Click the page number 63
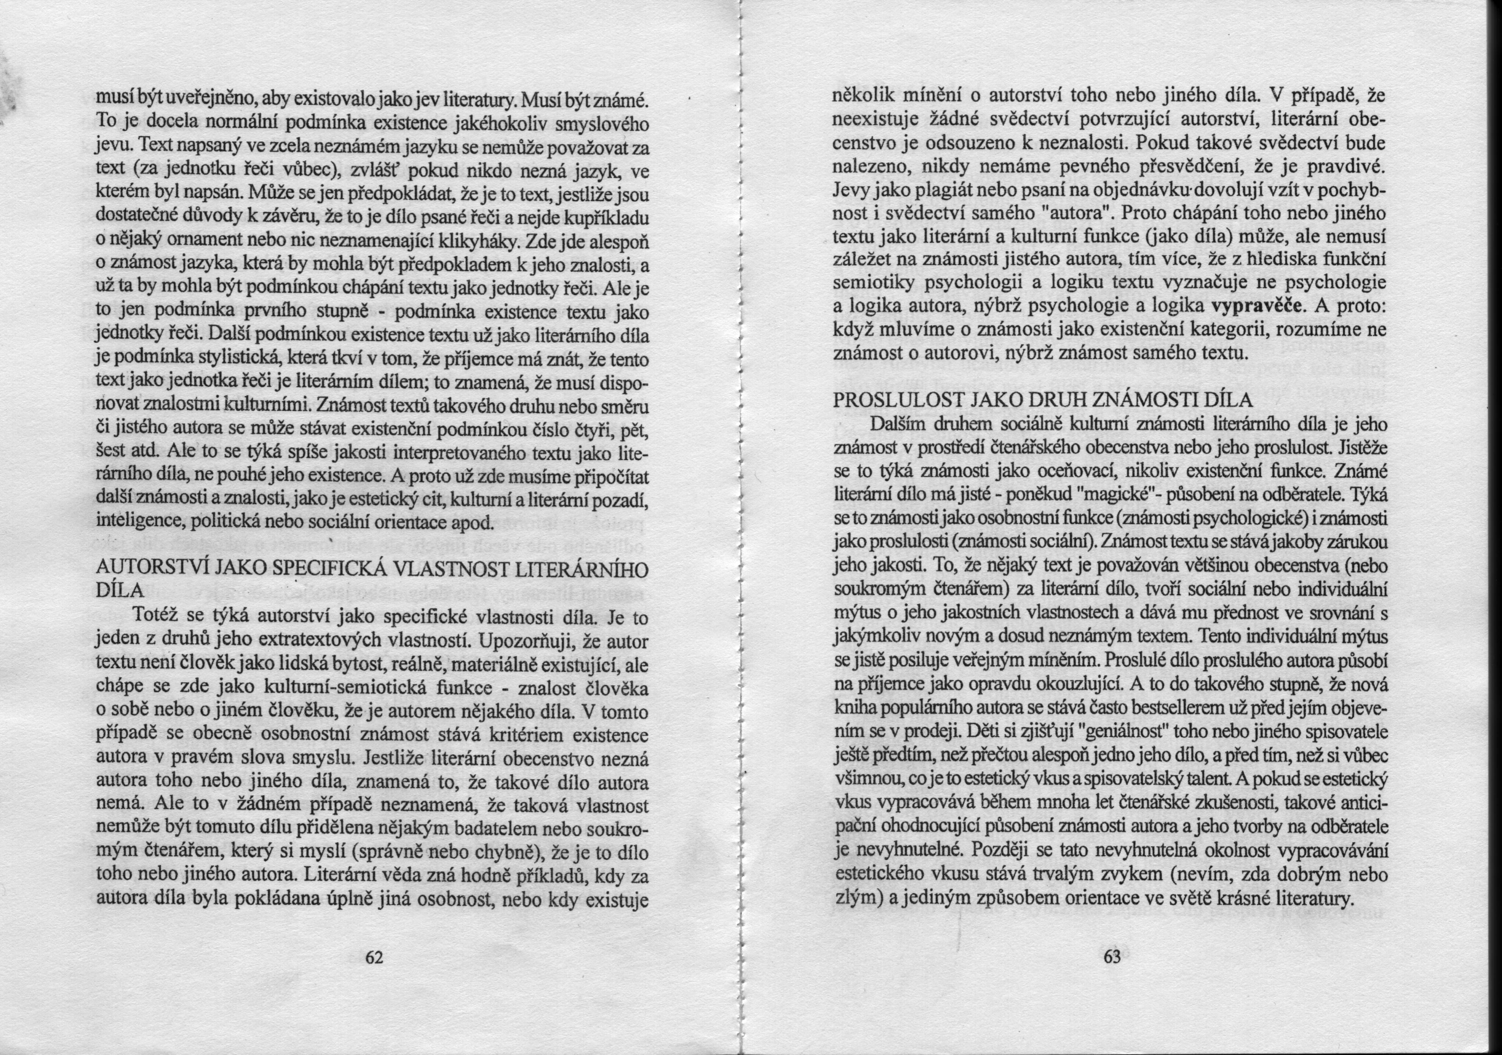pos(1112,957)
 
